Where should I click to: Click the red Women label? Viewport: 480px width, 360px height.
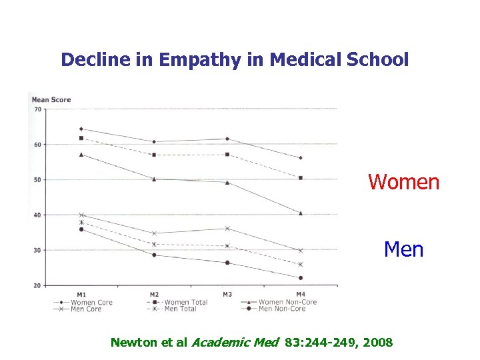pyautogui.click(x=404, y=182)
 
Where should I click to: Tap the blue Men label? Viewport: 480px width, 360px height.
pyautogui.click(x=403, y=249)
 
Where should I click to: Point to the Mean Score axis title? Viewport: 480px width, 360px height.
pyautogui.click(x=51, y=100)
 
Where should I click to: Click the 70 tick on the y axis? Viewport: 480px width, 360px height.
pyautogui.click(x=37, y=109)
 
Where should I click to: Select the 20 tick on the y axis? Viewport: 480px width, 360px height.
pyautogui.click(x=37, y=285)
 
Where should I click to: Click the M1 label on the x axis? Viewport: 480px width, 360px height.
pyautogui.click(x=81, y=294)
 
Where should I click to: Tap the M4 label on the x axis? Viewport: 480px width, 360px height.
pyautogui.click(x=300, y=294)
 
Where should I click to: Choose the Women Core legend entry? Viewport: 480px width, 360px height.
pyautogui.click(x=91, y=302)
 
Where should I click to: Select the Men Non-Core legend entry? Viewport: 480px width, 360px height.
pyautogui.click(x=281, y=309)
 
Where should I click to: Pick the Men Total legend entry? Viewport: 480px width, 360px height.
pyautogui.click(x=180, y=309)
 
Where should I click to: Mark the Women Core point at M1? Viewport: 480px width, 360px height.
pyautogui.click(x=81, y=129)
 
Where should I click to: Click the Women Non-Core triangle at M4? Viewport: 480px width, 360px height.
pyautogui.click(x=301, y=213)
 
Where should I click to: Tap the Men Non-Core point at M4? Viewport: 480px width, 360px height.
pyautogui.click(x=301, y=278)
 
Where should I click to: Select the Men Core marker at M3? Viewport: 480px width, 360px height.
pyautogui.click(x=227, y=229)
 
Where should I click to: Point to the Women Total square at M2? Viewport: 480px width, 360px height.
pyautogui.click(x=154, y=155)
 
